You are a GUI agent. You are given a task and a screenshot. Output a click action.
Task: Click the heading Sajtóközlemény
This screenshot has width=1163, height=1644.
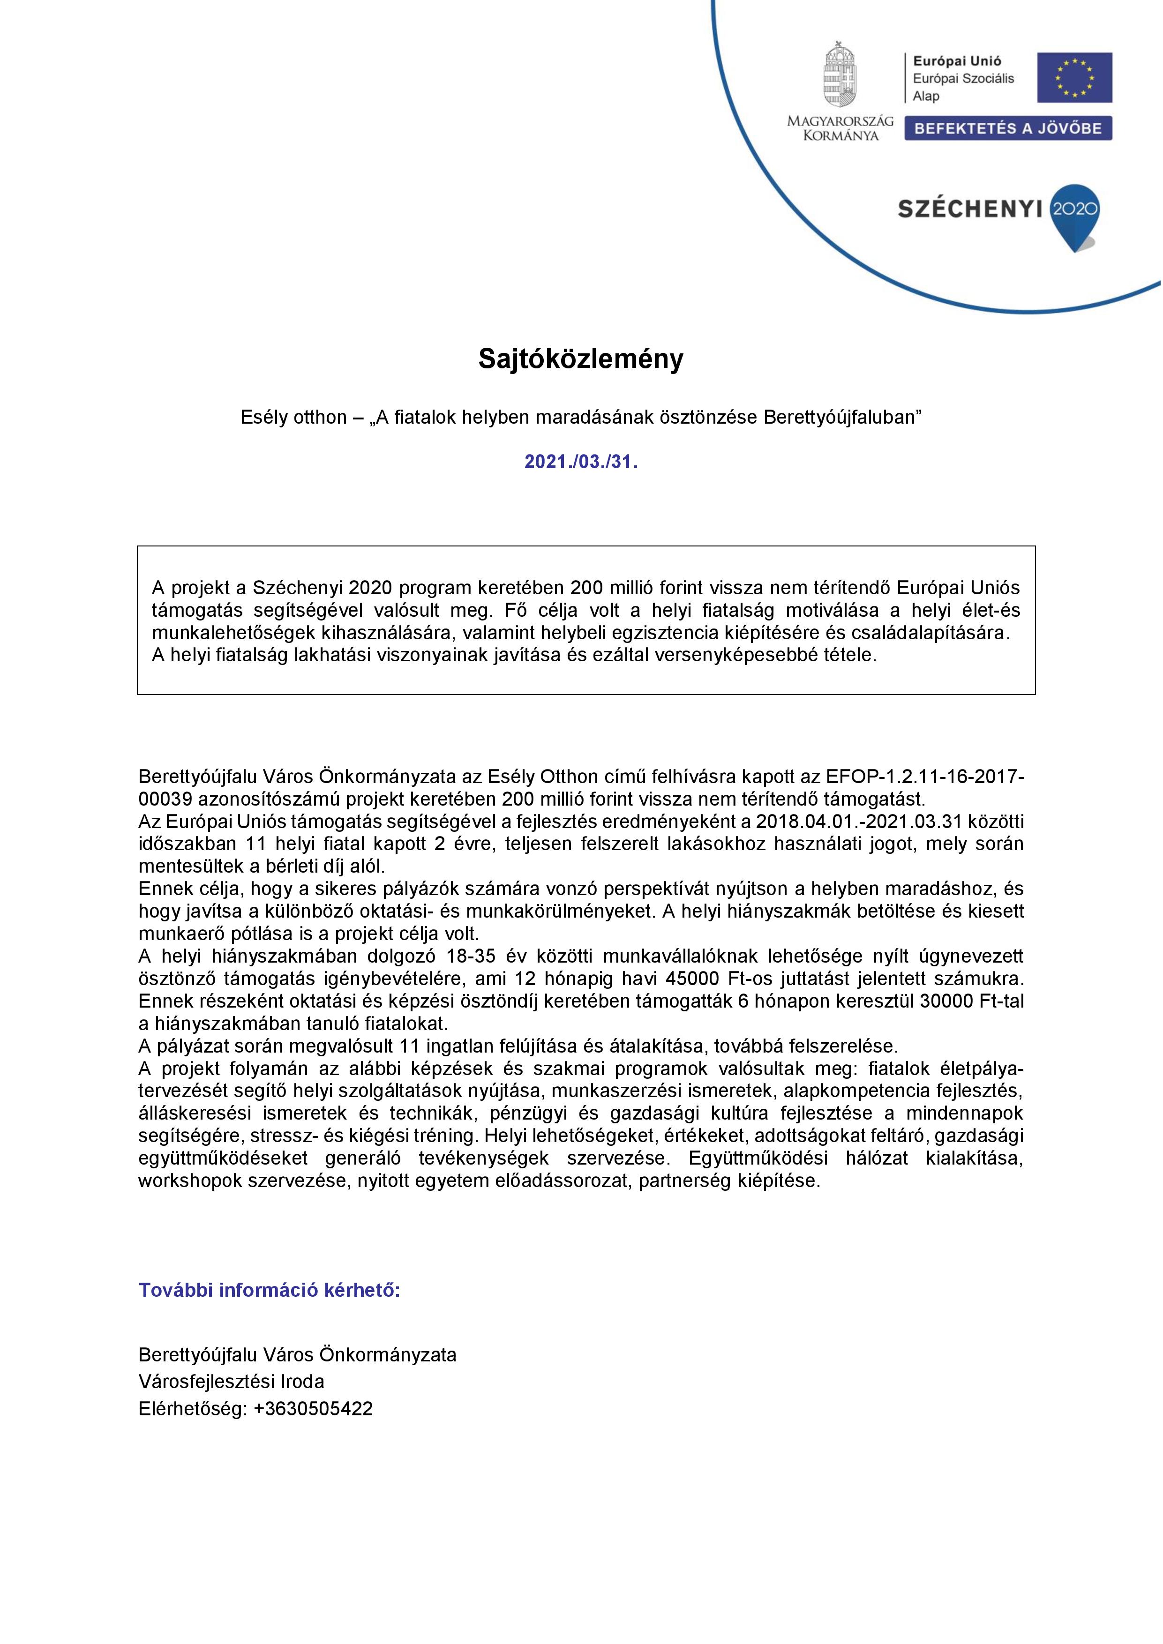581,359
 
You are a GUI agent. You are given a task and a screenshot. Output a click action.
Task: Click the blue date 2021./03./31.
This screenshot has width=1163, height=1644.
581,462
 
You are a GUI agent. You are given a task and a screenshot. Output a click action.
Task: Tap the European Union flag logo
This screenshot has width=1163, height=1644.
1074,77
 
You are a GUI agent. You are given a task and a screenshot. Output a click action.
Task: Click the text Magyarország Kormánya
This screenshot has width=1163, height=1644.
840,128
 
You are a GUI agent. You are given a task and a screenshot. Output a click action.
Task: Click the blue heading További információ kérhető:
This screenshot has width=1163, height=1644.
269,1290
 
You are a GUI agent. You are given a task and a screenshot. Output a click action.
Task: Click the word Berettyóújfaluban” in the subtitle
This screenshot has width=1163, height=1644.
842,418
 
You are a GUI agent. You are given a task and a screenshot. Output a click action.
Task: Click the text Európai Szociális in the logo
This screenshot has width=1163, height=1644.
963,79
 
